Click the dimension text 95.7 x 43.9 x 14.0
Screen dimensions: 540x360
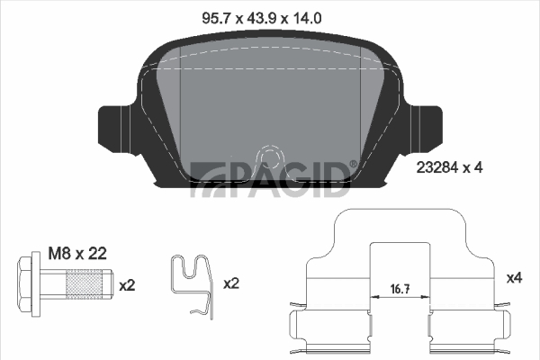pyautogui.click(x=262, y=18)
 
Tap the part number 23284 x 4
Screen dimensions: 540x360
pyautogui.click(x=449, y=167)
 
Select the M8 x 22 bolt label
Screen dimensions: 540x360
pyautogui.click(x=77, y=254)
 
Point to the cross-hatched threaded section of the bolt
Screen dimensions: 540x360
pyautogui.click(x=84, y=284)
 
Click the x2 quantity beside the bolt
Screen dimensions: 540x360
pyautogui.click(x=127, y=285)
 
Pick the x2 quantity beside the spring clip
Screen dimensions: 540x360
pyautogui.click(x=231, y=283)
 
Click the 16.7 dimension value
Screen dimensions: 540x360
pyautogui.click(x=400, y=289)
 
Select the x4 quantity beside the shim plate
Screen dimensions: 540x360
pyautogui.click(x=514, y=278)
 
